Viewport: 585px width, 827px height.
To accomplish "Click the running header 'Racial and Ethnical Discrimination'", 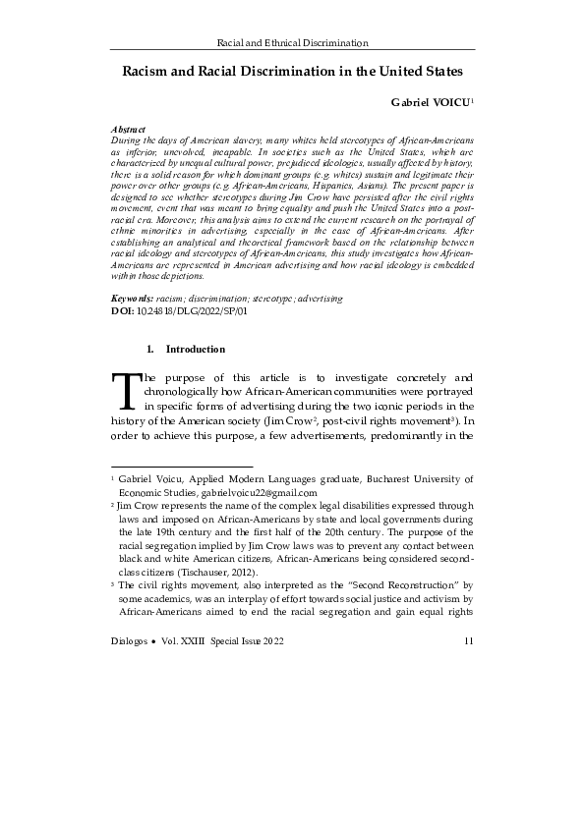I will coord(292,42).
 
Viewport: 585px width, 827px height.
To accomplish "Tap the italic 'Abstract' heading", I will coord(130,130).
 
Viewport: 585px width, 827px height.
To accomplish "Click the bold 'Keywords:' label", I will coord(133,297).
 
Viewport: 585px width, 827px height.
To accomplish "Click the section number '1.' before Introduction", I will coord(149,349).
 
